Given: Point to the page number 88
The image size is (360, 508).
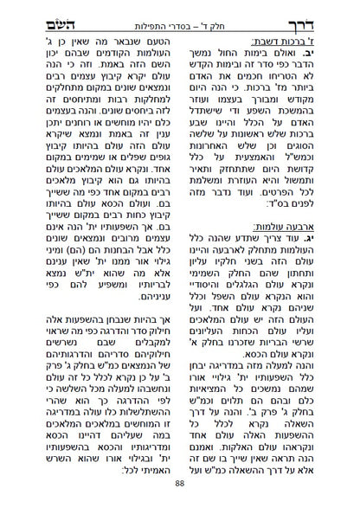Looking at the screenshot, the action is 179,493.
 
